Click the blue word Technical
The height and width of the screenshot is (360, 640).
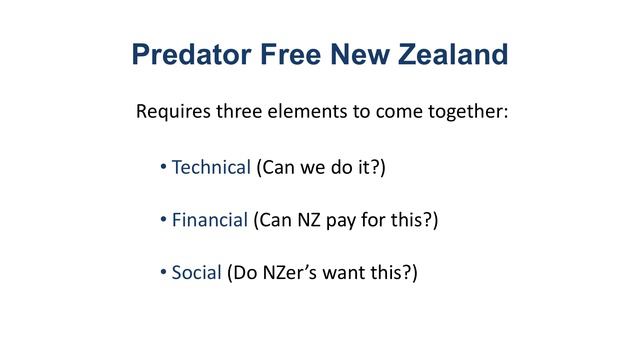211,167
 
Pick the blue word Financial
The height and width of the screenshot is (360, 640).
209,219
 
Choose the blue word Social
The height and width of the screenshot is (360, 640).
196,271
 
